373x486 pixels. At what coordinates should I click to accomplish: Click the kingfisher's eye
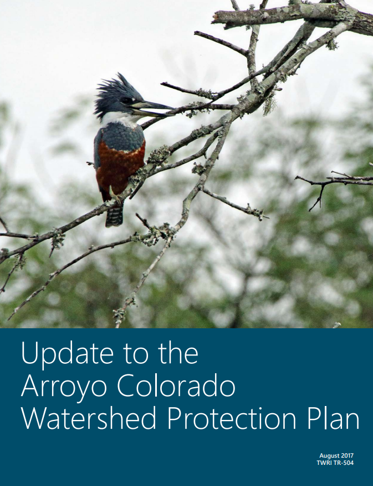[x=127, y=101]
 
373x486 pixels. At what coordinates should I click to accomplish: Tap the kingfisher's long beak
[x=152, y=107]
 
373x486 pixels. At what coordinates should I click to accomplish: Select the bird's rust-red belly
[x=121, y=167]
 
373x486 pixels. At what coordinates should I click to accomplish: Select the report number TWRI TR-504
[x=335, y=463]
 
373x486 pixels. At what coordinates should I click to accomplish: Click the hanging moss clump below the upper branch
[x=269, y=106]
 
